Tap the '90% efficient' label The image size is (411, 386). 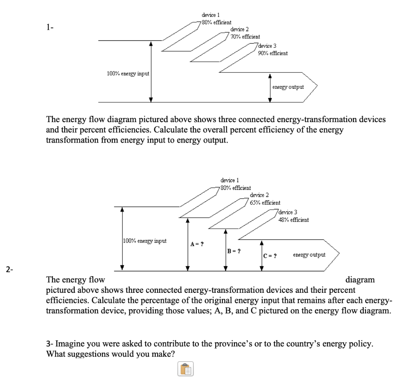click(x=273, y=53)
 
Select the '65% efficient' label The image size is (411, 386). click(x=265, y=203)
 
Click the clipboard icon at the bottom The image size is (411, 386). click(x=185, y=369)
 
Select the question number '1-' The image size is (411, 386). click(x=49, y=27)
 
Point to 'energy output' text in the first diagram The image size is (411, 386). click(x=288, y=87)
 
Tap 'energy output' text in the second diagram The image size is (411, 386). click(x=309, y=255)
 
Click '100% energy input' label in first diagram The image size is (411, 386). click(x=128, y=74)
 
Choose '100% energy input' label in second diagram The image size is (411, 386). click(x=144, y=241)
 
